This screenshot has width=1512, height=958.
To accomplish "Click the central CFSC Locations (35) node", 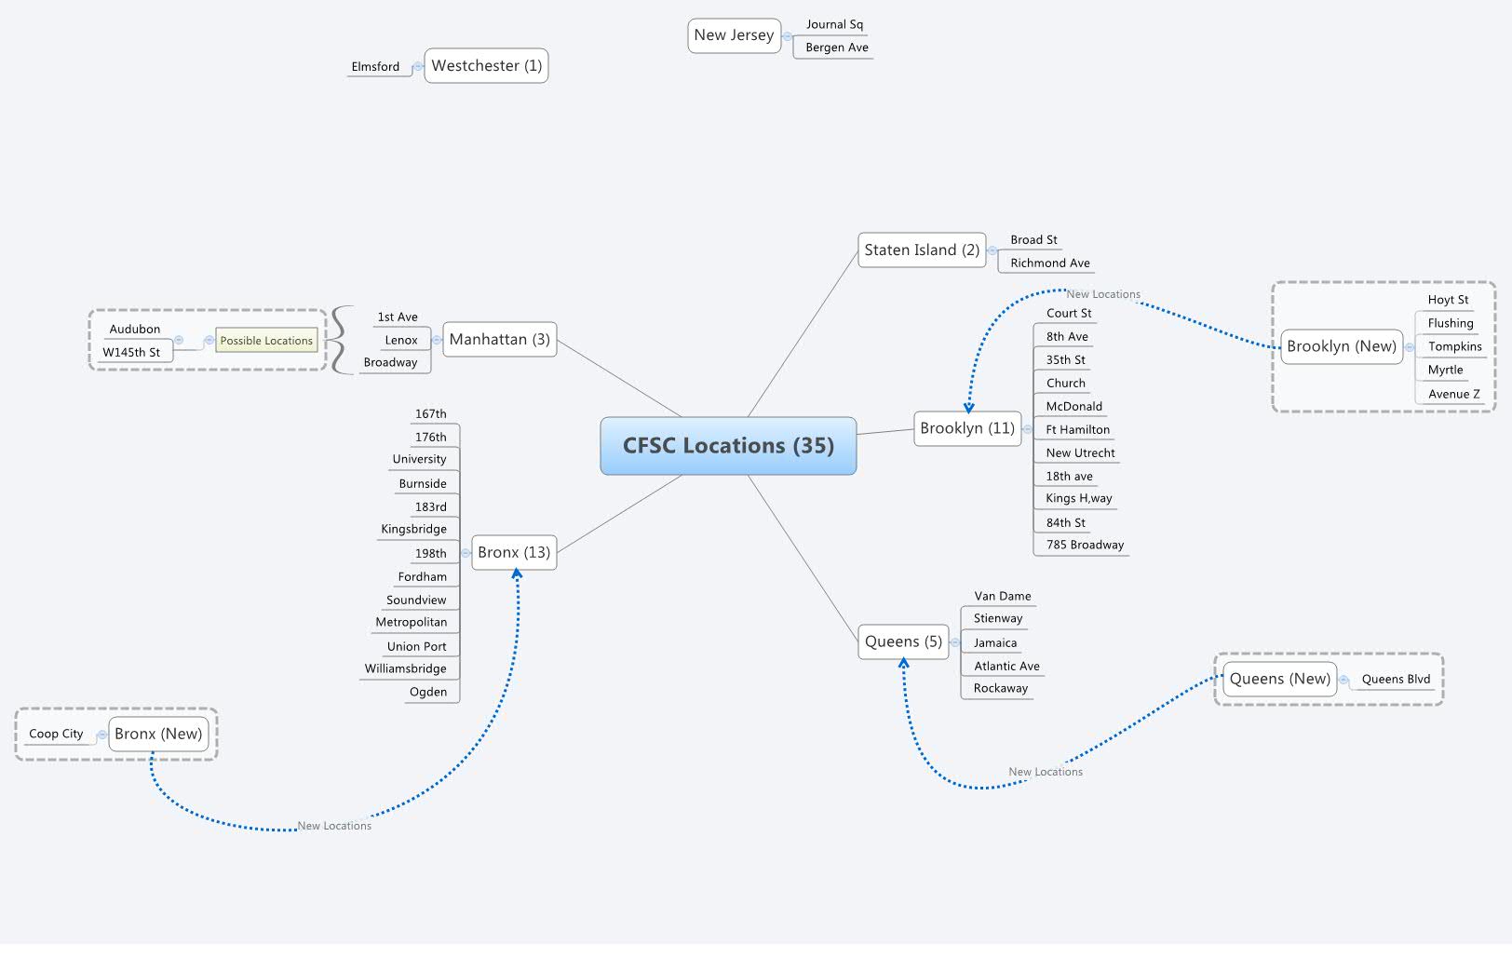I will coord(728,446).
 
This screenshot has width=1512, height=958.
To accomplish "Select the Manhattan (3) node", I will coord(499,340).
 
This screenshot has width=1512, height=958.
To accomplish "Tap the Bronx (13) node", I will coord(514,552).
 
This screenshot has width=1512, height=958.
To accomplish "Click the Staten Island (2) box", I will coord(921,250).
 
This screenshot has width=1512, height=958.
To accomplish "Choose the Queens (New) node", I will coord(1279,679).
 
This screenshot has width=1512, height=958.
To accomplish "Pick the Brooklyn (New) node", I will coord(1341,346).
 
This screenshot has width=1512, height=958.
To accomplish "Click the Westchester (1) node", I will coord(486,66).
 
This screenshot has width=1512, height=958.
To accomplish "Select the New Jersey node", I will coord(734,35).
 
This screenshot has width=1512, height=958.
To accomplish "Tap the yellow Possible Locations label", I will coord(266,341).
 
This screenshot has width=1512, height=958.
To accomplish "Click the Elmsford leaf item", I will coord(375,67).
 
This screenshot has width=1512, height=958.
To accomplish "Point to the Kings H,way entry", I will coord(1078,498).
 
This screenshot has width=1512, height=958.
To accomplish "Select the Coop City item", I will coord(56,734).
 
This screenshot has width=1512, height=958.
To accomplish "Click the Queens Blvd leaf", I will coord(1395,679).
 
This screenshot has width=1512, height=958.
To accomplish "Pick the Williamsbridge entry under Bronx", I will coord(405,668).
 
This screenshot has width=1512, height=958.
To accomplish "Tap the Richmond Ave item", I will coord(1049,263).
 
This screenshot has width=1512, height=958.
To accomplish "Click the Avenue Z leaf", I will coord(1453,394).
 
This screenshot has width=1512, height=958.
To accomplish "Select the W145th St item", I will coord(131,353).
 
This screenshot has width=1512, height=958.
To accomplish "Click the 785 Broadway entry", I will coord(1084,545).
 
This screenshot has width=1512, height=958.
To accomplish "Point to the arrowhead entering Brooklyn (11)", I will coord(968,407).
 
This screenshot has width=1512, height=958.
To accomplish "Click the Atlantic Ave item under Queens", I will coord(1006,666).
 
